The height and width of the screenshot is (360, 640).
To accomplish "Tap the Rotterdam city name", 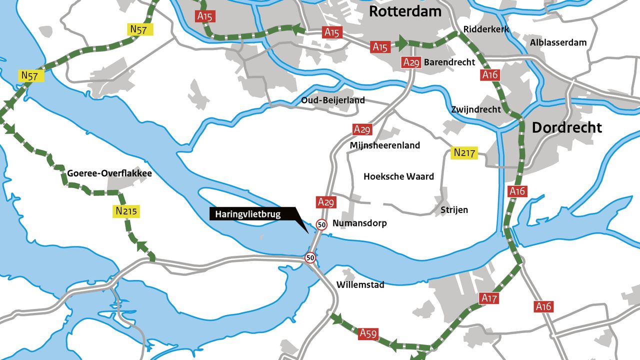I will pos(405,11).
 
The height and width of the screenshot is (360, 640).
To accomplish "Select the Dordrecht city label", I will pos(566,127).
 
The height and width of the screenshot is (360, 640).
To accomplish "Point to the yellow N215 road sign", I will pos(126,211).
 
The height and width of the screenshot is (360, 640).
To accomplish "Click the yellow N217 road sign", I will pos(464,152).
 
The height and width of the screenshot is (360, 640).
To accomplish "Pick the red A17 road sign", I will pos(489,298).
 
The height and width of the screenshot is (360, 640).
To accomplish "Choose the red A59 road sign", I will pos(368,333).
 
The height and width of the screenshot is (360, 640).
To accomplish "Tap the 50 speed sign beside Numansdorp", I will pos(321,224).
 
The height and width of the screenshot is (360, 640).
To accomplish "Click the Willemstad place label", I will pos(360,285).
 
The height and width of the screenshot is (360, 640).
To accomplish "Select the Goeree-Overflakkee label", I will pos(109,173).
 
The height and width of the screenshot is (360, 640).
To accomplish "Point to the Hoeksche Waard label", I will pos(398,176).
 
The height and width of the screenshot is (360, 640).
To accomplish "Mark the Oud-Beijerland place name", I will pos(332,100).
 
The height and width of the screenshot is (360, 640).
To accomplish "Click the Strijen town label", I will pos(454,209).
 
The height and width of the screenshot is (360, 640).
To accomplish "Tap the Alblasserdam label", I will pos(558,42).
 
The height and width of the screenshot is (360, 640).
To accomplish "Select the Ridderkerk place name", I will pos(486,29).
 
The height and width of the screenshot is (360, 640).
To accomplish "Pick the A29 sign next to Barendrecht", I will pos(411,62).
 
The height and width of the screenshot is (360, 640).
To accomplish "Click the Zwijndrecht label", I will pos(475,109).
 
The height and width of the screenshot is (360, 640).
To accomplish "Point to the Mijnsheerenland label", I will pos(385,145).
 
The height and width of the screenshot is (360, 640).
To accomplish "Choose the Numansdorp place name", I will pos(359,223).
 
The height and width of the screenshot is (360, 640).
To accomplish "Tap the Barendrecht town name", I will pos(449,62).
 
